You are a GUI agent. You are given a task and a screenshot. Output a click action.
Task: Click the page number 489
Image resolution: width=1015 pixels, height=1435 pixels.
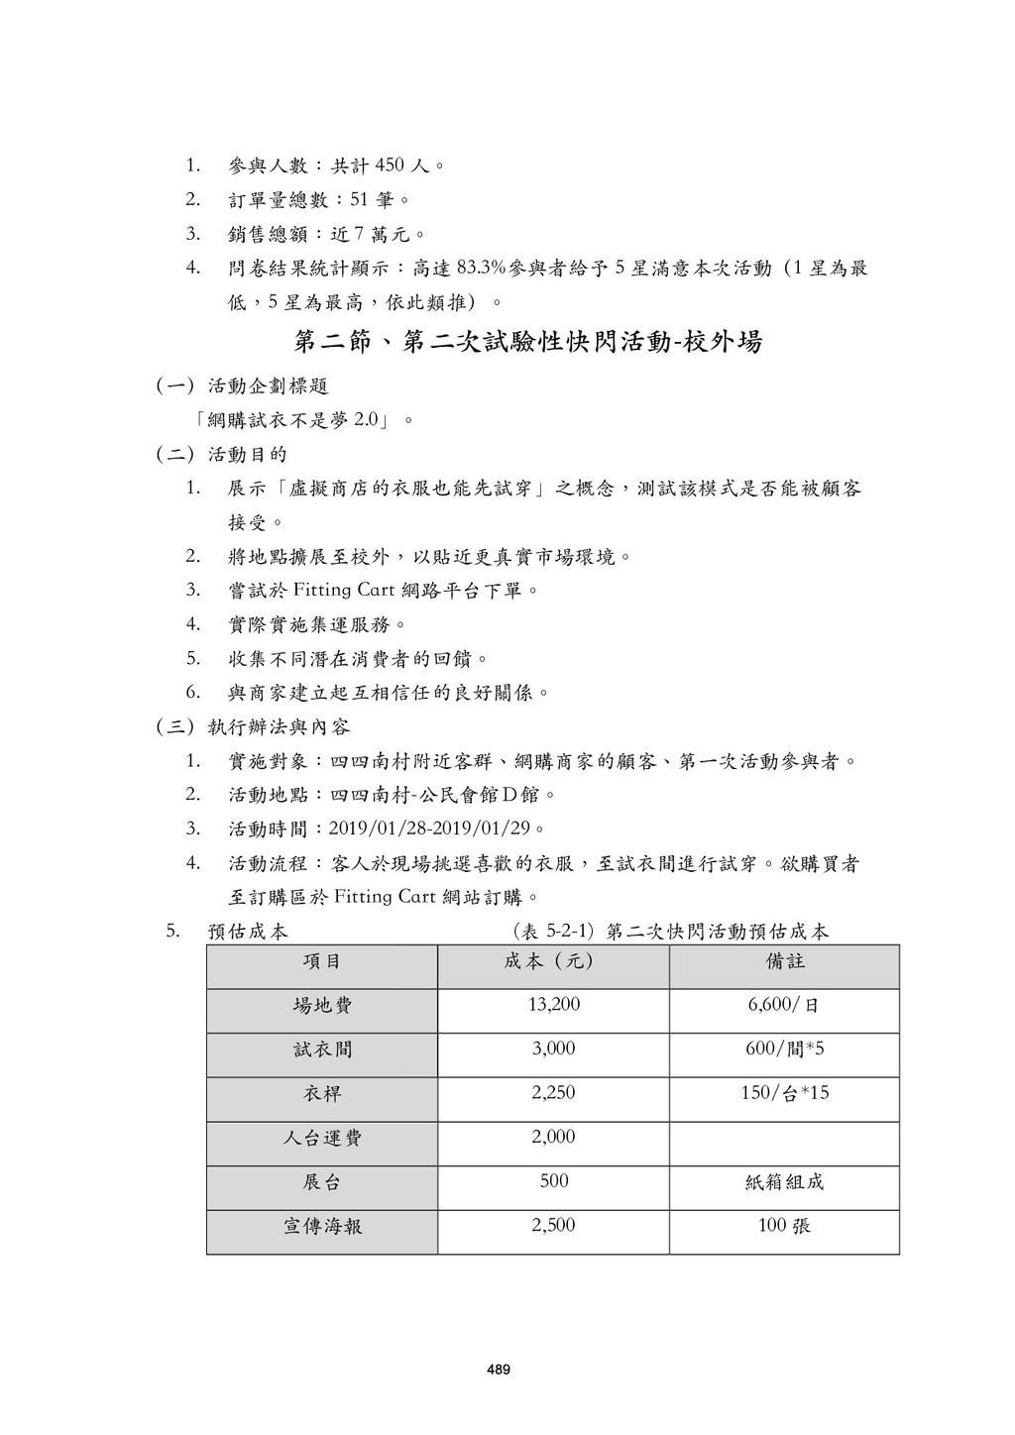click(x=499, y=1371)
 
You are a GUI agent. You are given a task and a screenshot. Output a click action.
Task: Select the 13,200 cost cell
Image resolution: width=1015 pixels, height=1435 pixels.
click(x=553, y=1005)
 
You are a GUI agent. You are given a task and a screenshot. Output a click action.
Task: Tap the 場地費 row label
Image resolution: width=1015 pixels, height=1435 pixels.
click(x=322, y=1006)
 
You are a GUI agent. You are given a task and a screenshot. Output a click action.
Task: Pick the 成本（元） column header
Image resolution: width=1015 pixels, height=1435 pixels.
click(x=553, y=961)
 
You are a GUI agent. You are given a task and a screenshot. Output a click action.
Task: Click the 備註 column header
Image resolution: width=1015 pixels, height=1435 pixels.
click(x=784, y=961)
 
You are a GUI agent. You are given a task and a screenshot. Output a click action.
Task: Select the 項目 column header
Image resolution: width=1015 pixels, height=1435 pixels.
click(x=322, y=961)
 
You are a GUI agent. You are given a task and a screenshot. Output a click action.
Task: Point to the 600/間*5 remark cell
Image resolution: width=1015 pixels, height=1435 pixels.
click(x=784, y=1049)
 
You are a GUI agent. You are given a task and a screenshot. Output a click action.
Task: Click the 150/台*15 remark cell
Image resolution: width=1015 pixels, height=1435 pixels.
click(x=784, y=1093)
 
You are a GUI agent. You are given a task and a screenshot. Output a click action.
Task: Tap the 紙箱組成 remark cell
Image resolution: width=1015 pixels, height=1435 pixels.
click(x=784, y=1182)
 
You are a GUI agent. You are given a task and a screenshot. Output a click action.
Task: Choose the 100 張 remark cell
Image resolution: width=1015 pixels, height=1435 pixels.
click(x=784, y=1226)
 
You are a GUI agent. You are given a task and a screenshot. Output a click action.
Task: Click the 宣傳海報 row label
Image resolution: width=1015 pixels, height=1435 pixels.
click(x=322, y=1227)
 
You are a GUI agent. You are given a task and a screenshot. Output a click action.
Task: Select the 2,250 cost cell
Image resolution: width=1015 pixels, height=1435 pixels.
click(x=553, y=1093)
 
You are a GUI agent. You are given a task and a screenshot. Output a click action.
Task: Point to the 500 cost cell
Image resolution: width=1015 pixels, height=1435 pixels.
click(x=553, y=1181)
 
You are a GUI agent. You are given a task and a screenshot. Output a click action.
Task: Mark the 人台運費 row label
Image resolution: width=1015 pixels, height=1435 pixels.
click(x=322, y=1138)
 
